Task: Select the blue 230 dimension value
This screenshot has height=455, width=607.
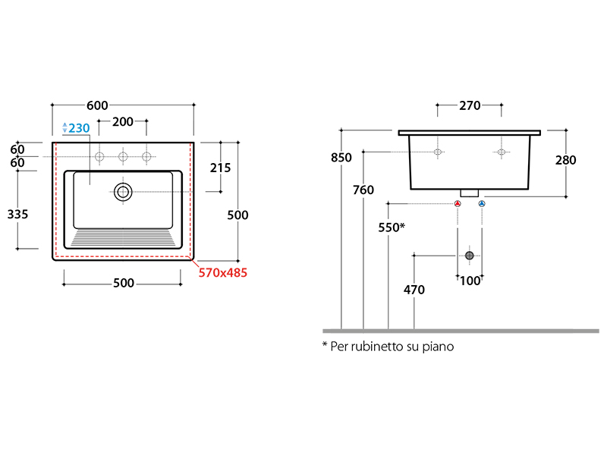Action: [79, 128]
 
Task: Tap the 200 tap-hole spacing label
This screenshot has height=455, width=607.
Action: [123, 122]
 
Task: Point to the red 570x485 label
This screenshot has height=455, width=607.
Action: [223, 272]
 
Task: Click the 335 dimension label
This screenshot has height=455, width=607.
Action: [17, 215]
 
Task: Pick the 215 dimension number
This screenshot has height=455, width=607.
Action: [219, 168]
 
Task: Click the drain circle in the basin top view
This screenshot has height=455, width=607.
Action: [123, 192]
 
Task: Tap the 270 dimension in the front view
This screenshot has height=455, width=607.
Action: [470, 106]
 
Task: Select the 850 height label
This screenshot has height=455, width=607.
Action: [341, 158]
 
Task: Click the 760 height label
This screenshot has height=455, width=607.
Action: [363, 190]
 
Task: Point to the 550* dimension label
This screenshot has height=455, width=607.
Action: [392, 227]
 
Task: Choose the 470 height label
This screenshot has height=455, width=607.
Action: [414, 289]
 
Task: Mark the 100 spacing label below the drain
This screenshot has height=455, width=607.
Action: [469, 281]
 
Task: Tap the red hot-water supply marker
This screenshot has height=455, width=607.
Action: [458, 203]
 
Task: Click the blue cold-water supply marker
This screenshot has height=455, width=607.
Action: [482, 203]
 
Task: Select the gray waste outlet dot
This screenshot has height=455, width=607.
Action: [470, 256]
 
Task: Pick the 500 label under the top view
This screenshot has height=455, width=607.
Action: [123, 284]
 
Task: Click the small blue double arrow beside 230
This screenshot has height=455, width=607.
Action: [65, 128]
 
